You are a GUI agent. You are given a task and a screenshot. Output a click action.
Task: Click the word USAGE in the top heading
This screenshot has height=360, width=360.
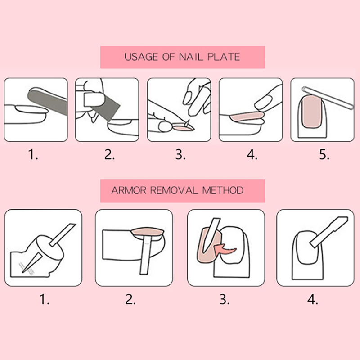click(141, 57)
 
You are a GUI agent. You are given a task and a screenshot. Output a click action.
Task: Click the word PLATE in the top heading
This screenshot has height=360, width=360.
click(224, 57)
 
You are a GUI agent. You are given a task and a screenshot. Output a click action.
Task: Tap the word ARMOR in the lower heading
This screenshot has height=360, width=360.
click(129, 190)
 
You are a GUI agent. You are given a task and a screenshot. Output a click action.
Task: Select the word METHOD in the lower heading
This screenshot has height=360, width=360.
click(222, 190)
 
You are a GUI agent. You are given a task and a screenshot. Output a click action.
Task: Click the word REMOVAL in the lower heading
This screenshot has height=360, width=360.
click(174, 190)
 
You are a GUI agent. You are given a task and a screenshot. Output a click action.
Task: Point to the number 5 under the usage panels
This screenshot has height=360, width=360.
click(324, 154)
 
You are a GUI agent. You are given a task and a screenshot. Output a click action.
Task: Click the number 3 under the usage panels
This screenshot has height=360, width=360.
click(180, 154)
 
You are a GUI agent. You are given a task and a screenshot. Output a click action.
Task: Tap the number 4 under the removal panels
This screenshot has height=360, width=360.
click(312, 299)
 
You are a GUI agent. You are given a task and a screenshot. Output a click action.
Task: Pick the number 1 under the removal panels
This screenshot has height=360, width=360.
click(44, 299)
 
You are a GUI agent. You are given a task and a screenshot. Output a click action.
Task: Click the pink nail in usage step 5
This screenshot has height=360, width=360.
click(311, 112)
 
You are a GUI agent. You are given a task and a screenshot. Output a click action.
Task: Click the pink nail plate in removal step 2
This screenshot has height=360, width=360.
click(147, 232)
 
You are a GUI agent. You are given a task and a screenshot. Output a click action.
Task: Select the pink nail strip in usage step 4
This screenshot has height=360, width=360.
click(247, 117)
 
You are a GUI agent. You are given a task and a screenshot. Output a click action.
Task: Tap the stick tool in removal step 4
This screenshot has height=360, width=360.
click(329, 232)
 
